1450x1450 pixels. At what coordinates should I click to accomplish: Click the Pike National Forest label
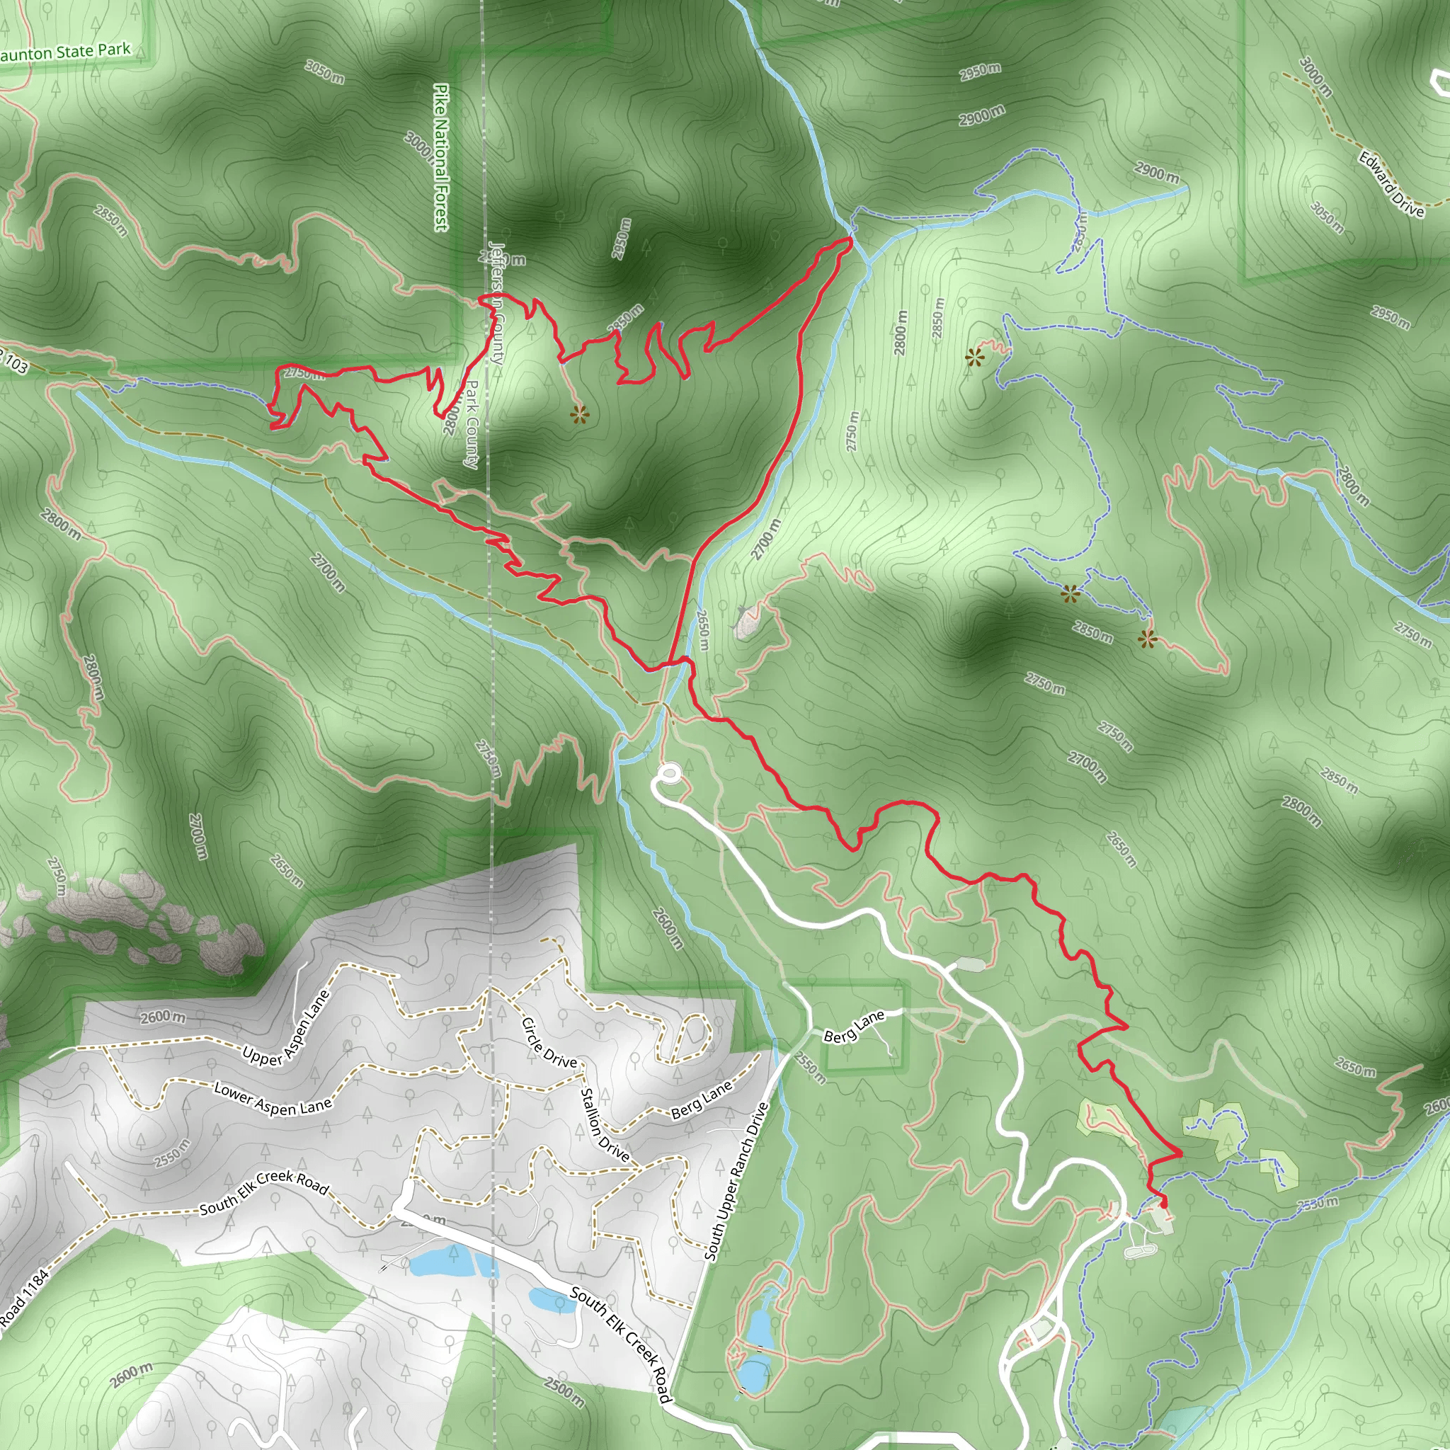(441, 157)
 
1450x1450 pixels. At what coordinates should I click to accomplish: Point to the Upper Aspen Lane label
(286, 1029)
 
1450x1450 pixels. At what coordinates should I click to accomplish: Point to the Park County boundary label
(471, 425)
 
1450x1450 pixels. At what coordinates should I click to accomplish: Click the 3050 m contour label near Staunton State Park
(325, 72)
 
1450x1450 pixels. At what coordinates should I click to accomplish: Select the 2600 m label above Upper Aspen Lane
(163, 1017)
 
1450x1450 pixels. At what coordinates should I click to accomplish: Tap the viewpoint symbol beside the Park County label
(578, 413)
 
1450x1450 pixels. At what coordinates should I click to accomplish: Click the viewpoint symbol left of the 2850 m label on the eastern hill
(1070, 595)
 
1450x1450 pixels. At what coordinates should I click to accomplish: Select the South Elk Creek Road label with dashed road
(263, 1192)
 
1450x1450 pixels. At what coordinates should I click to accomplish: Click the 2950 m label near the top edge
(979, 72)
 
